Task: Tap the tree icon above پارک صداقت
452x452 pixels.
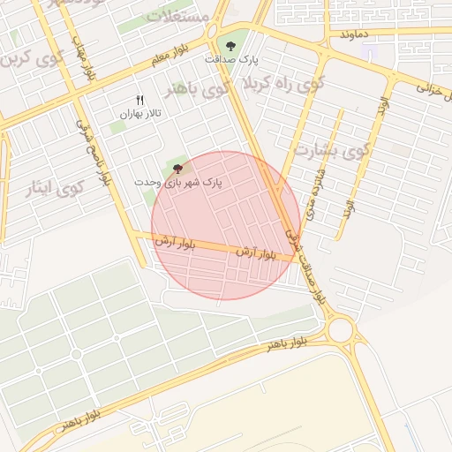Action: tap(230, 45)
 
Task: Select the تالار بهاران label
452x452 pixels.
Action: tap(140, 115)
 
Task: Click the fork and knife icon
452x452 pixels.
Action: tap(139, 100)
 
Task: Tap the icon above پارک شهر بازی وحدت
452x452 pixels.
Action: tap(178, 167)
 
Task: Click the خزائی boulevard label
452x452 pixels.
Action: tap(433, 88)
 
